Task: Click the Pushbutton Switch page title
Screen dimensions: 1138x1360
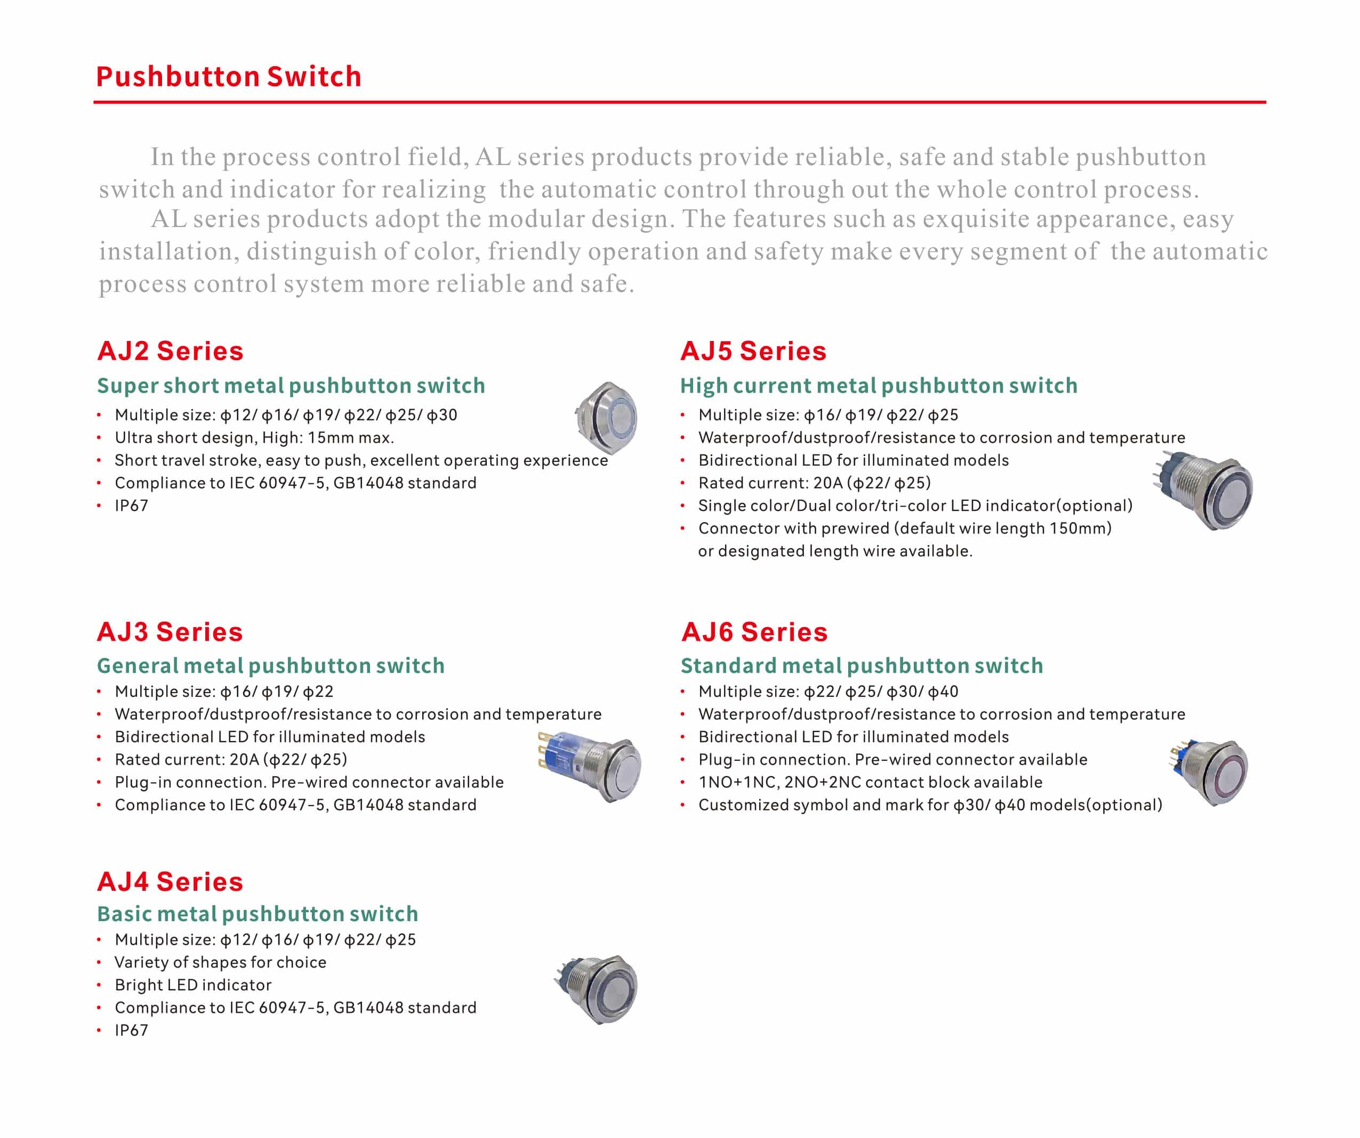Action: click(x=229, y=76)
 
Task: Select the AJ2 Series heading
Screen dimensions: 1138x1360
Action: click(x=170, y=351)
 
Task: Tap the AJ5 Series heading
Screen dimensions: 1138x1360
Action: click(x=753, y=351)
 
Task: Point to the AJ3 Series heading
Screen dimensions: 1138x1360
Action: click(x=170, y=632)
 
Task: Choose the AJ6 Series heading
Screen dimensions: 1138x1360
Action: click(x=754, y=632)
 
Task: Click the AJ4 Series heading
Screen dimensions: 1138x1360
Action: click(x=170, y=882)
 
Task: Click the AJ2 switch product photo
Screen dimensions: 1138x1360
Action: click(x=606, y=418)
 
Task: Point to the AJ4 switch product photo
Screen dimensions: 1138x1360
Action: click(x=598, y=988)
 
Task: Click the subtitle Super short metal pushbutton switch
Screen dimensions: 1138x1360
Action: click(x=291, y=386)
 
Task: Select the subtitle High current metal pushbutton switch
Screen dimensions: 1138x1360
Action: click(x=879, y=386)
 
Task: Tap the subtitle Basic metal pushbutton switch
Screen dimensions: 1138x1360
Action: click(x=257, y=914)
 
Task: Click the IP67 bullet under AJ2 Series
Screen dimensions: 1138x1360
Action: click(x=132, y=506)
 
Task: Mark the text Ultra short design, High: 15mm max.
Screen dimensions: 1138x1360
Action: click(x=254, y=437)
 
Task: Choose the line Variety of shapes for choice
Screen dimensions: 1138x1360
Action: click(x=220, y=963)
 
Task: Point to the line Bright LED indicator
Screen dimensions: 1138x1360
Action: click(x=193, y=985)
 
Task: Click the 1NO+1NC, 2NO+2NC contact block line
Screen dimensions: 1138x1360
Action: click(x=871, y=783)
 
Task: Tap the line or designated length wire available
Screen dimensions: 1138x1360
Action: click(x=835, y=551)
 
